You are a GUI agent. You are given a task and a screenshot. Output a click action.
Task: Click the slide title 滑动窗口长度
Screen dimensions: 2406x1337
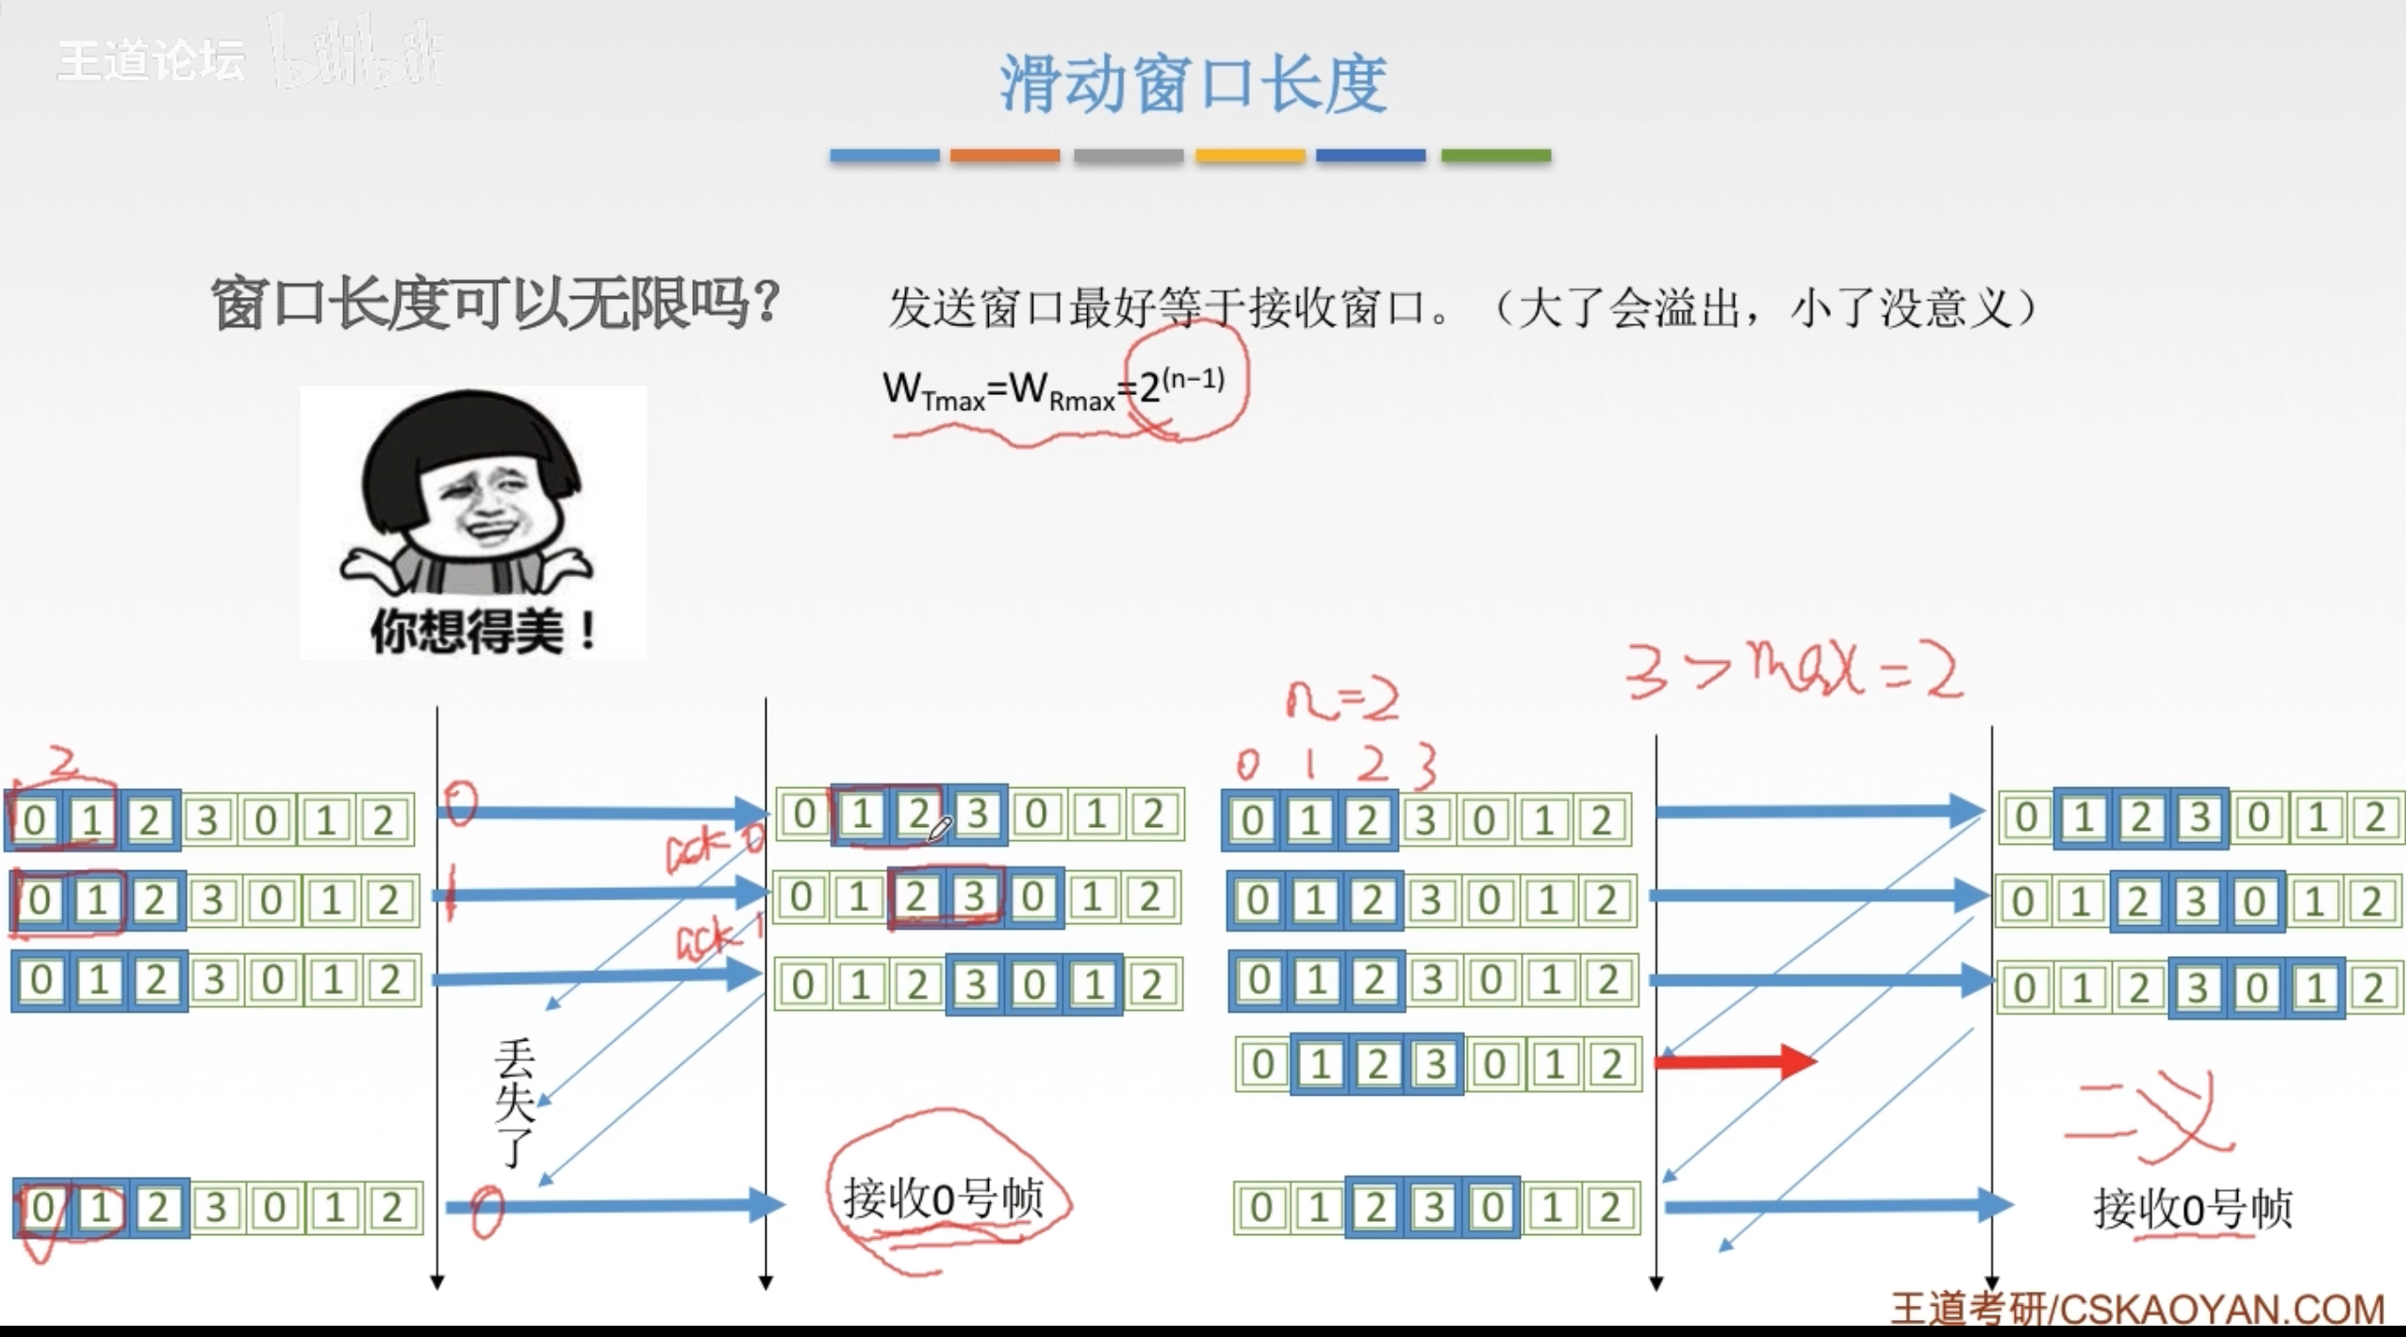[x=1193, y=83]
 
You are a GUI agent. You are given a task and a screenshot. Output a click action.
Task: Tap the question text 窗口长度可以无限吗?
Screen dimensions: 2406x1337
[x=495, y=305]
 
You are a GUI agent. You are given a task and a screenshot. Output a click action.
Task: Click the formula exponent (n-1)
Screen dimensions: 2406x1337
[x=1194, y=380]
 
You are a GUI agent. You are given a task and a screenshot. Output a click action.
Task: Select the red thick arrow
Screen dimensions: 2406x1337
[x=1735, y=1061]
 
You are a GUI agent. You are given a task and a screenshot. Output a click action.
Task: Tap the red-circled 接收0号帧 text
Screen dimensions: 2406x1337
[x=943, y=1198]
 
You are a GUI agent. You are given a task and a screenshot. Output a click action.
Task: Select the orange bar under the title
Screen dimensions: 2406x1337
[x=1004, y=156]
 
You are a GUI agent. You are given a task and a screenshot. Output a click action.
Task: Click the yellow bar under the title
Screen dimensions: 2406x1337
[x=1250, y=156]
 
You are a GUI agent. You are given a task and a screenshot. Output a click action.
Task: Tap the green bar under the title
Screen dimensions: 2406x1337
[x=1495, y=156]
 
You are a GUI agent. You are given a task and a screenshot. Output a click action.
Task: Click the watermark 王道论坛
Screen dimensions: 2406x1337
[x=151, y=60]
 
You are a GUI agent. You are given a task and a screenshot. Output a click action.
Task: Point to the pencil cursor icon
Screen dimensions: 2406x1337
[x=940, y=830]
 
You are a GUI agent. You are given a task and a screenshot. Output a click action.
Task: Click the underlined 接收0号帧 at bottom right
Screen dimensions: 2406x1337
[x=2192, y=1209]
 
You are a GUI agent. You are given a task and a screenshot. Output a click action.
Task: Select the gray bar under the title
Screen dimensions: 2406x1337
[x=1128, y=156]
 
